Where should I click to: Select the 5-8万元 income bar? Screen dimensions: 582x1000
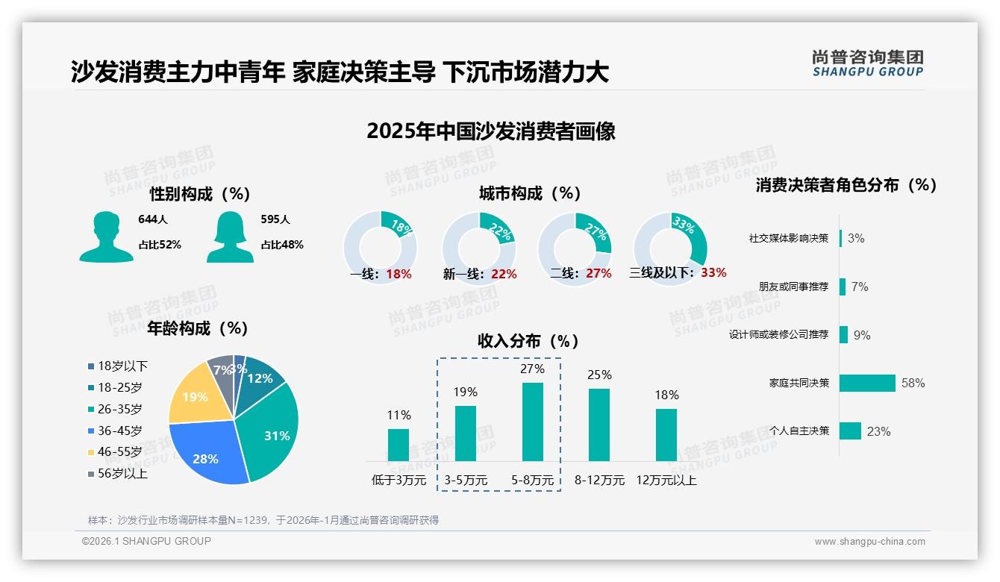(x=533, y=422)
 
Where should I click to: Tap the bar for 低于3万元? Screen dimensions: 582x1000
(x=399, y=445)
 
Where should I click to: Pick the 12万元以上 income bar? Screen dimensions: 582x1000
(x=666, y=435)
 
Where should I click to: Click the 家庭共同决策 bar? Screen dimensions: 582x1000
(x=867, y=383)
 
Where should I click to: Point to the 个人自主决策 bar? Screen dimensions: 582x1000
(x=851, y=431)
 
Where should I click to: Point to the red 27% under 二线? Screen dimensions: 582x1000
(x=599, y=273)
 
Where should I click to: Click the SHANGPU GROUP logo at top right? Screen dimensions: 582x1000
(x=867, y=63)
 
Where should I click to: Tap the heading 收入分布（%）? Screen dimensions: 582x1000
(x=528, y=341)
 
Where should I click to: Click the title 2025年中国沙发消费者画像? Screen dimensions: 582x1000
(x=491, y=131)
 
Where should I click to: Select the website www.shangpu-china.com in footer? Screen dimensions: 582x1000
(x=869, y=542)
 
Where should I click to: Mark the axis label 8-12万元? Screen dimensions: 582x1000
(x=599, y=480)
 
